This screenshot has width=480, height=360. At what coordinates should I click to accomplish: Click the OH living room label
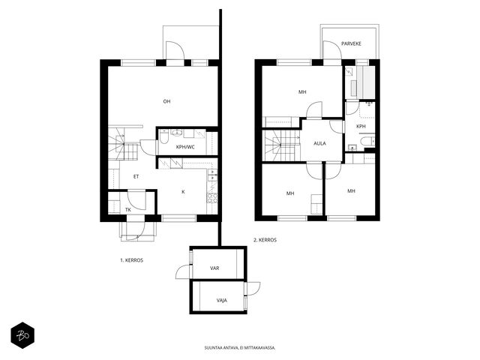(166, 101)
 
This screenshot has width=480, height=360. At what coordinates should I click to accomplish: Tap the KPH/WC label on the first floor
(185, 147)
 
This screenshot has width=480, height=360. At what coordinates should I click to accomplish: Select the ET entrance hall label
(136, 176)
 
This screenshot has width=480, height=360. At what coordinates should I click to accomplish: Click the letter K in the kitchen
(183, 192)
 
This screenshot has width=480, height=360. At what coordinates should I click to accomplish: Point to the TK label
(128, 210)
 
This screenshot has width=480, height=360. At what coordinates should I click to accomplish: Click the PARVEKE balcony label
(352, 43)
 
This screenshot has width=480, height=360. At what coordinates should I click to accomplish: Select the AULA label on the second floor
(320, 143)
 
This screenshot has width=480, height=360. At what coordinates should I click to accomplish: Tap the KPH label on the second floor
(361, 127)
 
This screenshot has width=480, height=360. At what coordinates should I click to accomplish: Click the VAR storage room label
(214, 268)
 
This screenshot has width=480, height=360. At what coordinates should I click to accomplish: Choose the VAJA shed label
(222, 300)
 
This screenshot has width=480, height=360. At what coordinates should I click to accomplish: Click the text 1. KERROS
(132, 260)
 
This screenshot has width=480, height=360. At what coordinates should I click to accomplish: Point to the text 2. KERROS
(265, 240)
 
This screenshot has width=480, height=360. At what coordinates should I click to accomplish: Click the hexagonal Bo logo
(22, 335)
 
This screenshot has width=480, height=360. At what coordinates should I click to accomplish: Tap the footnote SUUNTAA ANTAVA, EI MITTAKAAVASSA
(240, 348)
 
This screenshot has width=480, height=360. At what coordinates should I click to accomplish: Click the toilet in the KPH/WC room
(163, 137)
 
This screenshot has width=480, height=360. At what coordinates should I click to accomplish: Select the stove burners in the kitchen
(212, 198)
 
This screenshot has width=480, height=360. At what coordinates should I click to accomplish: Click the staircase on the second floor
(282, 145)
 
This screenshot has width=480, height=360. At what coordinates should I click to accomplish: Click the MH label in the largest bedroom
(302, 91)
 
